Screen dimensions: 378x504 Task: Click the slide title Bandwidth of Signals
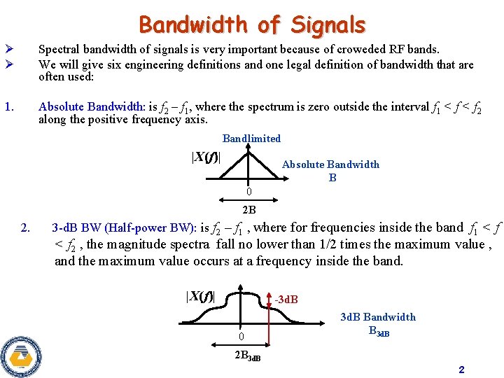point(252,25)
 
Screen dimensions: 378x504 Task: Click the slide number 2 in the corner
point(461,369)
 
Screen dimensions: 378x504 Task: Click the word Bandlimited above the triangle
point(251,139)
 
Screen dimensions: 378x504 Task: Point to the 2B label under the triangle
point(248,209)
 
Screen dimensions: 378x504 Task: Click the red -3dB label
point(286,300)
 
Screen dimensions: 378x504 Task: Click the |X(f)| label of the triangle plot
point(206,157)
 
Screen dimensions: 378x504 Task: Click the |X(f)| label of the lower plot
point(200,296)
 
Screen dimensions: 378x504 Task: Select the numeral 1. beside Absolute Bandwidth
point(9,107)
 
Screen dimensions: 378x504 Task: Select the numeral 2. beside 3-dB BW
point(26,227)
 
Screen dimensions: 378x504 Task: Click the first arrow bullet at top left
point(8,50)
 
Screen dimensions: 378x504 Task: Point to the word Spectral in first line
point(57,50)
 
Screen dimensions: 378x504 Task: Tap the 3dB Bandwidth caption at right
point(378,317)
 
